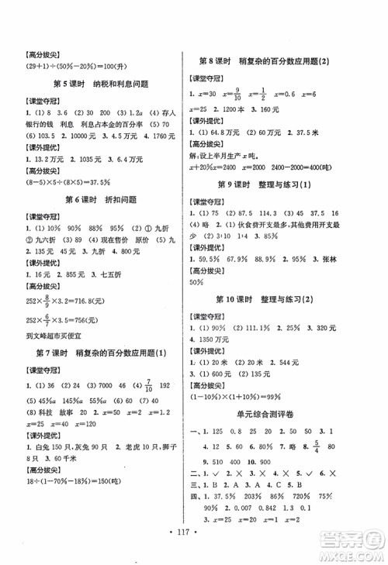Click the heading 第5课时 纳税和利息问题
(x=100, y=84)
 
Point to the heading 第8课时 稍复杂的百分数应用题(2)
(x=286, y=60)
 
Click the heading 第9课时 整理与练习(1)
(x=286, y=184)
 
